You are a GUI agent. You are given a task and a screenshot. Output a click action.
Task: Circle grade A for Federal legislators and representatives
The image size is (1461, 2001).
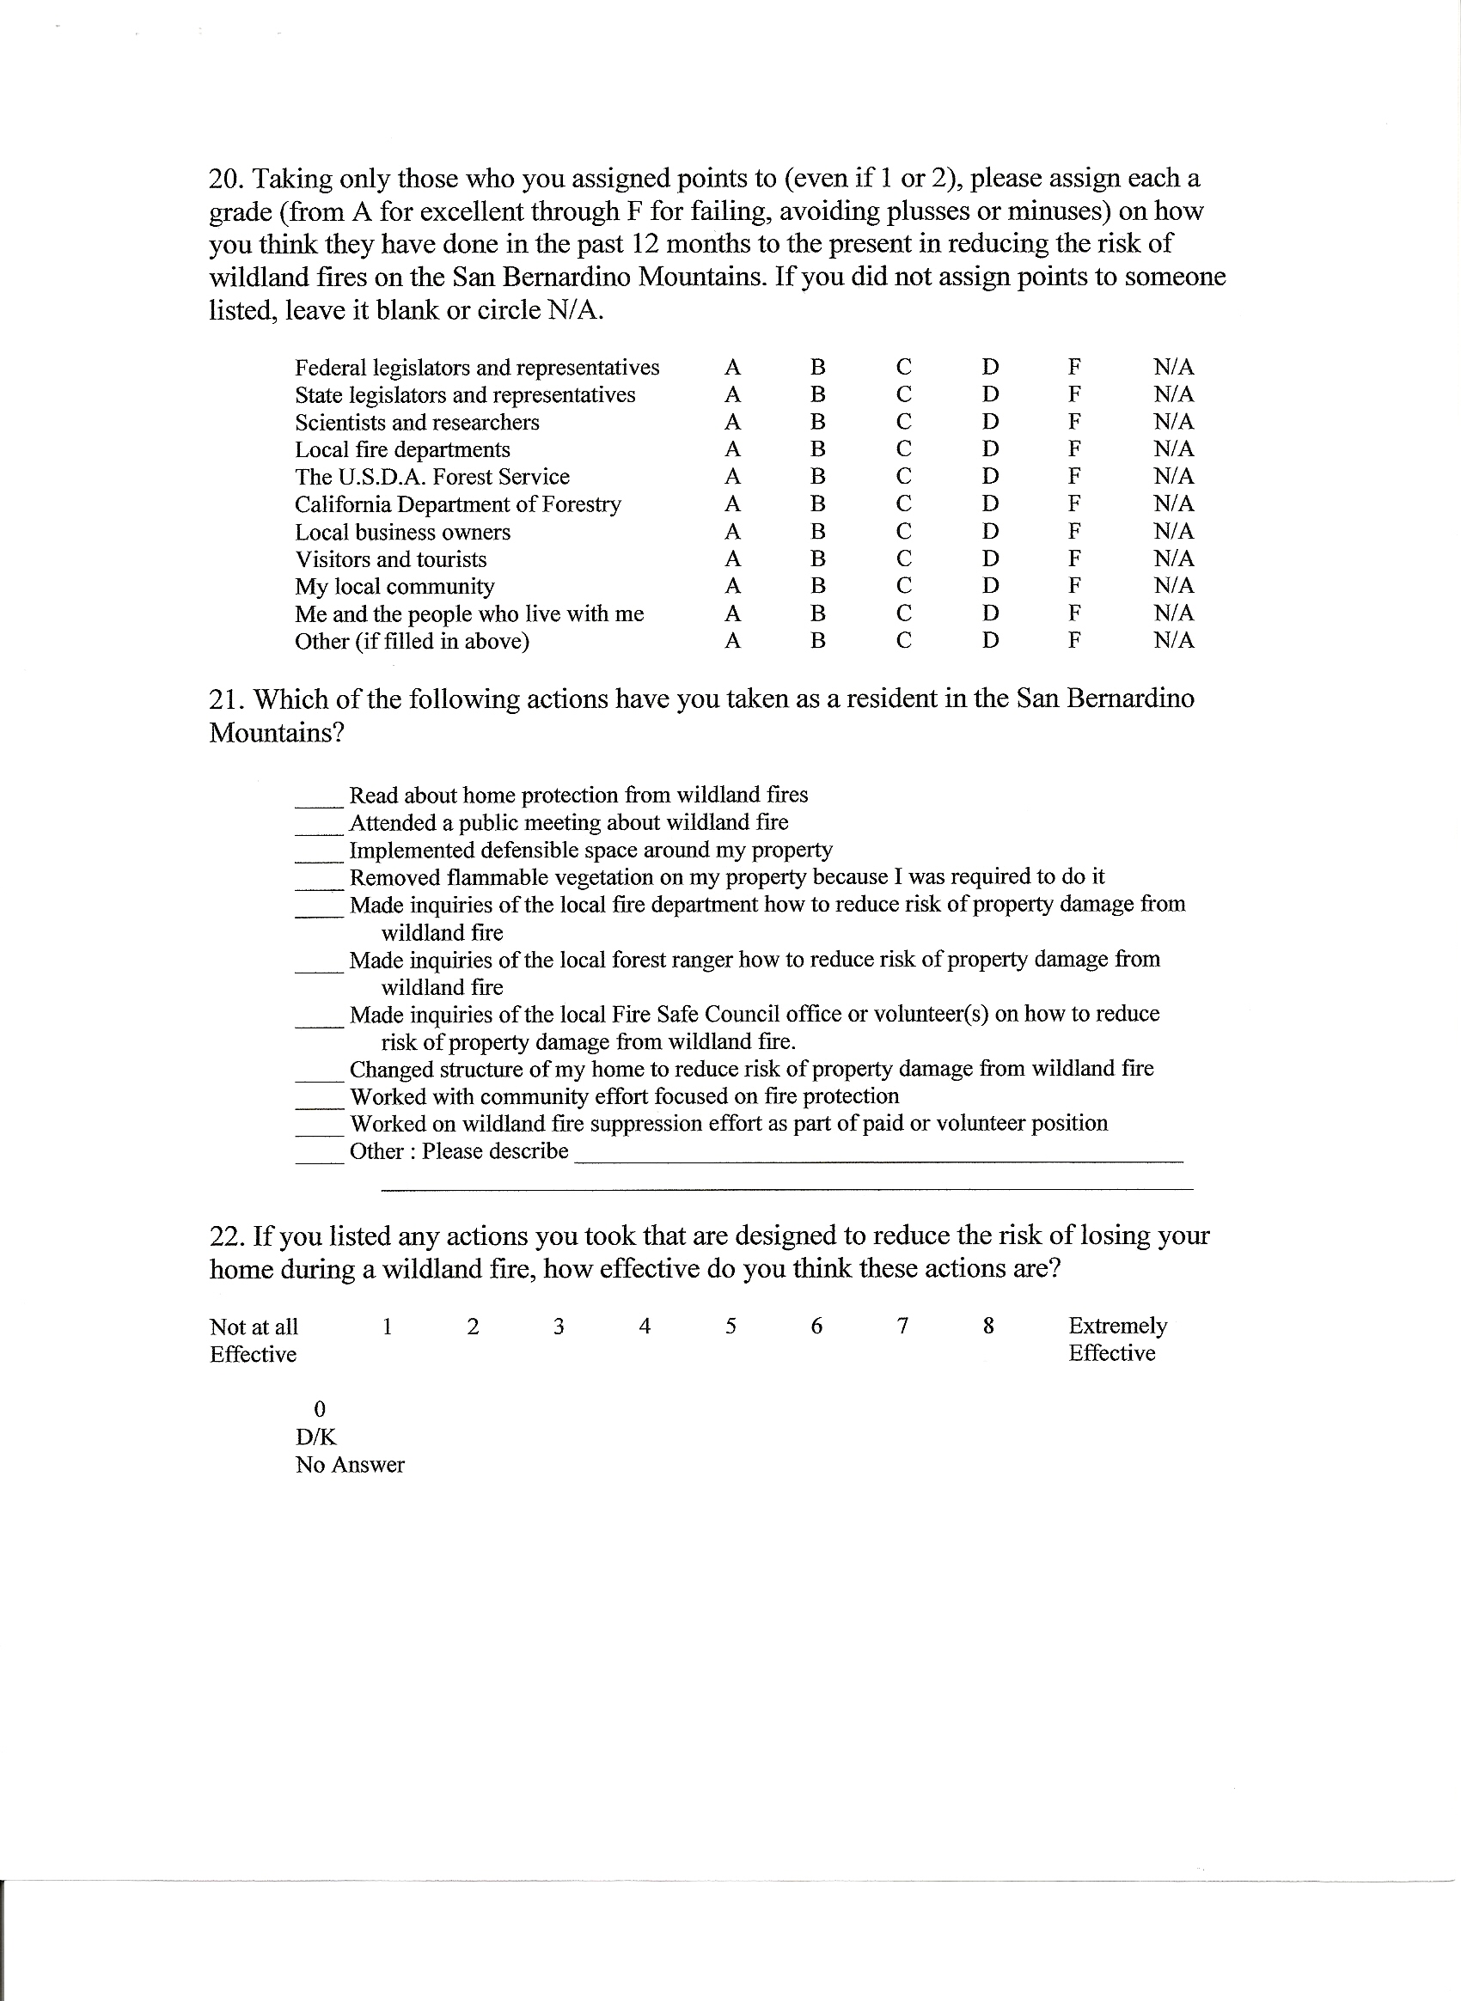pos(732,367)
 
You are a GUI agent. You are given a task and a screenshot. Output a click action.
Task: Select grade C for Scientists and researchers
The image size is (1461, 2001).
pos(903,422)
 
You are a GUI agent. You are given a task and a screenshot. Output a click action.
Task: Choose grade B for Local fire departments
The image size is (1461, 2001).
pos(818,449)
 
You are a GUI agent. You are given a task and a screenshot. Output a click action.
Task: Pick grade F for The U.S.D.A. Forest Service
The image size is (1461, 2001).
pos(1074,477)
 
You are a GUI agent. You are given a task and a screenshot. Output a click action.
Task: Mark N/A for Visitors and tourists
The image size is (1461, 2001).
pos(1174,558)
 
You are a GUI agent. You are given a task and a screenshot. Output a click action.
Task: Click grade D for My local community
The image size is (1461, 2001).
pos(991,586)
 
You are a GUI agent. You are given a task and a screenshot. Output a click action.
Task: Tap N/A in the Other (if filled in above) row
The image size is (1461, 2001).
pos(1174,641)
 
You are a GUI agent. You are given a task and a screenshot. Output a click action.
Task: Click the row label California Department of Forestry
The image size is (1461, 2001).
pos(458,505)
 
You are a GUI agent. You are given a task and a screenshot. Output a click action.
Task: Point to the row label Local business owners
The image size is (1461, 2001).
pos(402,533)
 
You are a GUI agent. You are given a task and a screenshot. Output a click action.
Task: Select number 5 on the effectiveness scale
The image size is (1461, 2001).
pos(731,1327)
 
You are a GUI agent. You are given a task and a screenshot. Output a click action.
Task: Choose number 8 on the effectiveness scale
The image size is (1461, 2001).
pos(988,1327)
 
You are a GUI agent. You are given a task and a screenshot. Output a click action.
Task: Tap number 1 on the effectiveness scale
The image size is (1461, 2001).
pos(388,1327)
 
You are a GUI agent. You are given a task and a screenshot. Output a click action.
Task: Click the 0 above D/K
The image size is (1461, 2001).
pos(321,1408)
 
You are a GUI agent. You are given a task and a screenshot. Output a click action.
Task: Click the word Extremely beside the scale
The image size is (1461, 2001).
pos(1118,1327)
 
